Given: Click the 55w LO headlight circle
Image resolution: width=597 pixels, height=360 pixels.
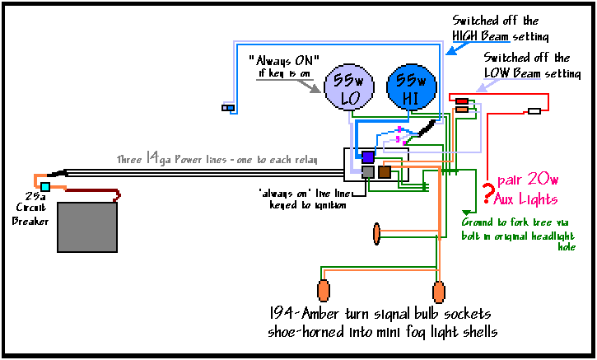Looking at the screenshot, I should [351, 89].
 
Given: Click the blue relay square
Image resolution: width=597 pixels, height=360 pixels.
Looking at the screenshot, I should [368, 157].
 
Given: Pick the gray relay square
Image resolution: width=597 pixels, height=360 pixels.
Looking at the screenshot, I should [367, 172].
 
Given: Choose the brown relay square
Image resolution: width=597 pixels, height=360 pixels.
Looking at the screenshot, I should [384, 172].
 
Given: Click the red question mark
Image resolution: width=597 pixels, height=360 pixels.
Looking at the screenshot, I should [488, 194].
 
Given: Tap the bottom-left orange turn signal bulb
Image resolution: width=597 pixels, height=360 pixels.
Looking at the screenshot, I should [324, 291].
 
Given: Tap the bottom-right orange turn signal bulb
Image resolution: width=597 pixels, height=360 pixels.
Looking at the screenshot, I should [439, 291].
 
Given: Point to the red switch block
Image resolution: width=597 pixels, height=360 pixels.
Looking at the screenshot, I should [462, 101].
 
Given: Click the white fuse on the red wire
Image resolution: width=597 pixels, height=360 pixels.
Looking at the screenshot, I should [534, 111].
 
